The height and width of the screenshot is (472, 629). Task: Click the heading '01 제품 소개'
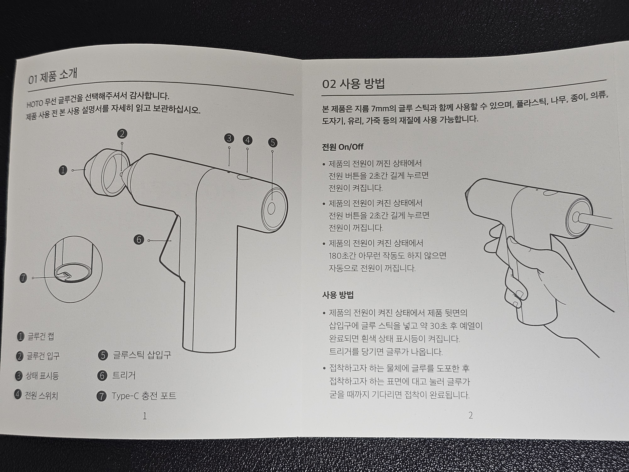[x=53, y=76]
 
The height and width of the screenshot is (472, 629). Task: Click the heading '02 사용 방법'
[x=353, y=84]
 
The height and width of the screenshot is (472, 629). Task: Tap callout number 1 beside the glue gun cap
[x=63, y=170]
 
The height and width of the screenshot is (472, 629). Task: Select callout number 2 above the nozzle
[x=122, y=134]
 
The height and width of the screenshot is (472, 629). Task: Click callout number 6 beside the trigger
[x=139, y=240]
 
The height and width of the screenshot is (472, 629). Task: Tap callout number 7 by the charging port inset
[x=23, y=278]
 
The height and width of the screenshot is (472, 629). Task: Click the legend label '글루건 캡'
[x=40, y=337]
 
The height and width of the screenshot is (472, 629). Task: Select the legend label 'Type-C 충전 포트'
[x=144, y=396]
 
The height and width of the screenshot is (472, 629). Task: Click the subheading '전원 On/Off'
[x=343, y=147]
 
